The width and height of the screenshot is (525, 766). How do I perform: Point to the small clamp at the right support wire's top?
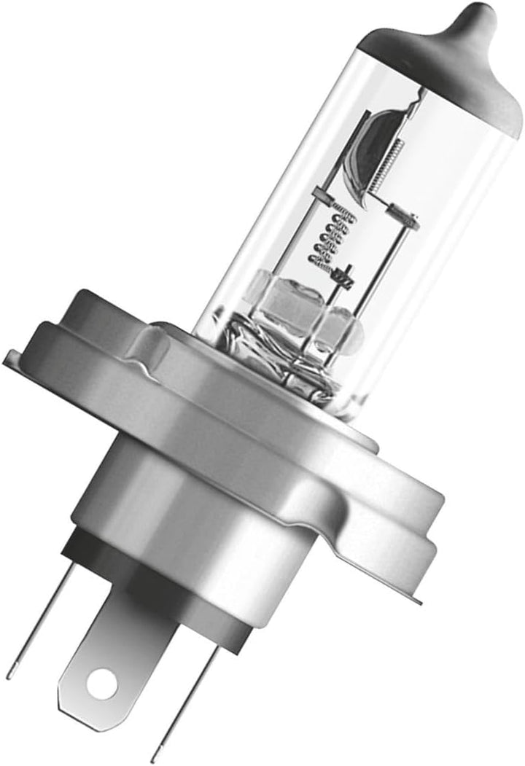403,213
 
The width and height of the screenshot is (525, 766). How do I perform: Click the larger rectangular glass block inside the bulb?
288,299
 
